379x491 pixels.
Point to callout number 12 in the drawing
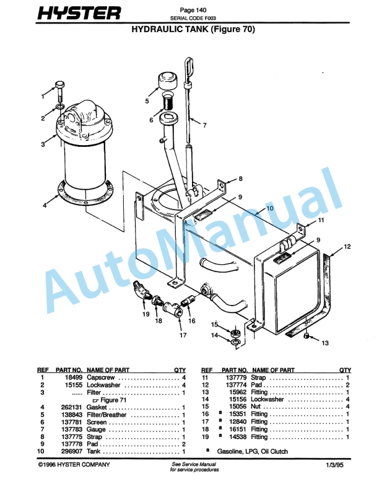click(346, 247)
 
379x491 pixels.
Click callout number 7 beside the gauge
click(205, 125)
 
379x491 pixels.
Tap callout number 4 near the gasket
click(45, 205)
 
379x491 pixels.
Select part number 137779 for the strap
click(238, 378)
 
